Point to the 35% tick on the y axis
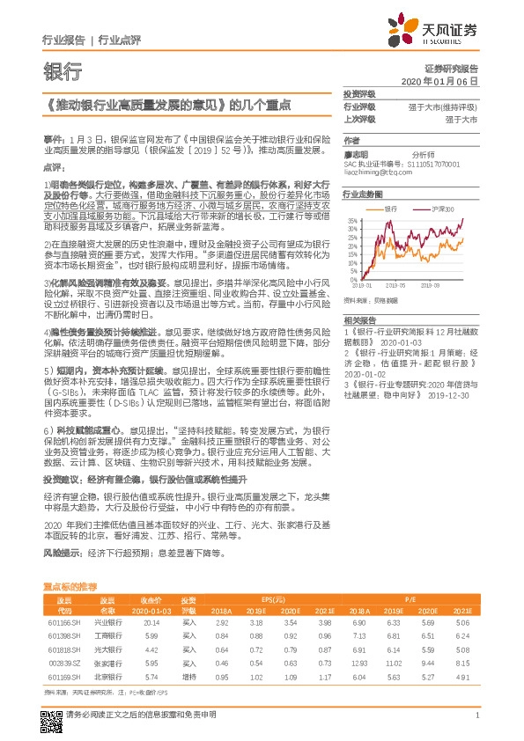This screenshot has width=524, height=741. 352,220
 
